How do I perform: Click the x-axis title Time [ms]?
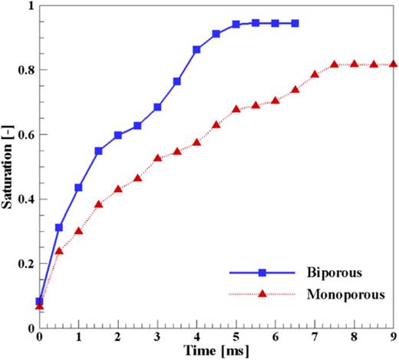coord(217,351)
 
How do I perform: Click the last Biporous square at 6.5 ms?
coord(295,23)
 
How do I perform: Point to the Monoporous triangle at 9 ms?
coord(394,64)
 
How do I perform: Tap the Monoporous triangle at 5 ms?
coord(236,109)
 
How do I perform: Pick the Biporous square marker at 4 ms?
coord(196,49)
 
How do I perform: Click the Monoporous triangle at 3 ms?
coord(157,158)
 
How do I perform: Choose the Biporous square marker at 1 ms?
coord(78,187)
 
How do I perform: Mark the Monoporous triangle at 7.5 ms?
coord(335,64)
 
